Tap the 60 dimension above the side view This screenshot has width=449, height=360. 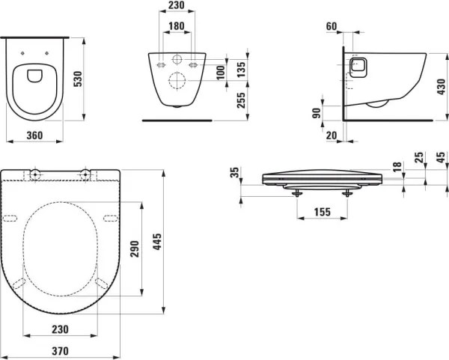click(x=332, y=26)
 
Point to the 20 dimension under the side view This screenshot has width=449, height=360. click(x=331, y=135)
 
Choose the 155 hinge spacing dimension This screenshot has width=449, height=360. click(x=322, y=212)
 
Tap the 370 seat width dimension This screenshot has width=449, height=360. click(x=61, y=350)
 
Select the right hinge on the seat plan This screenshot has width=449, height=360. click(x=86, y=175)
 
